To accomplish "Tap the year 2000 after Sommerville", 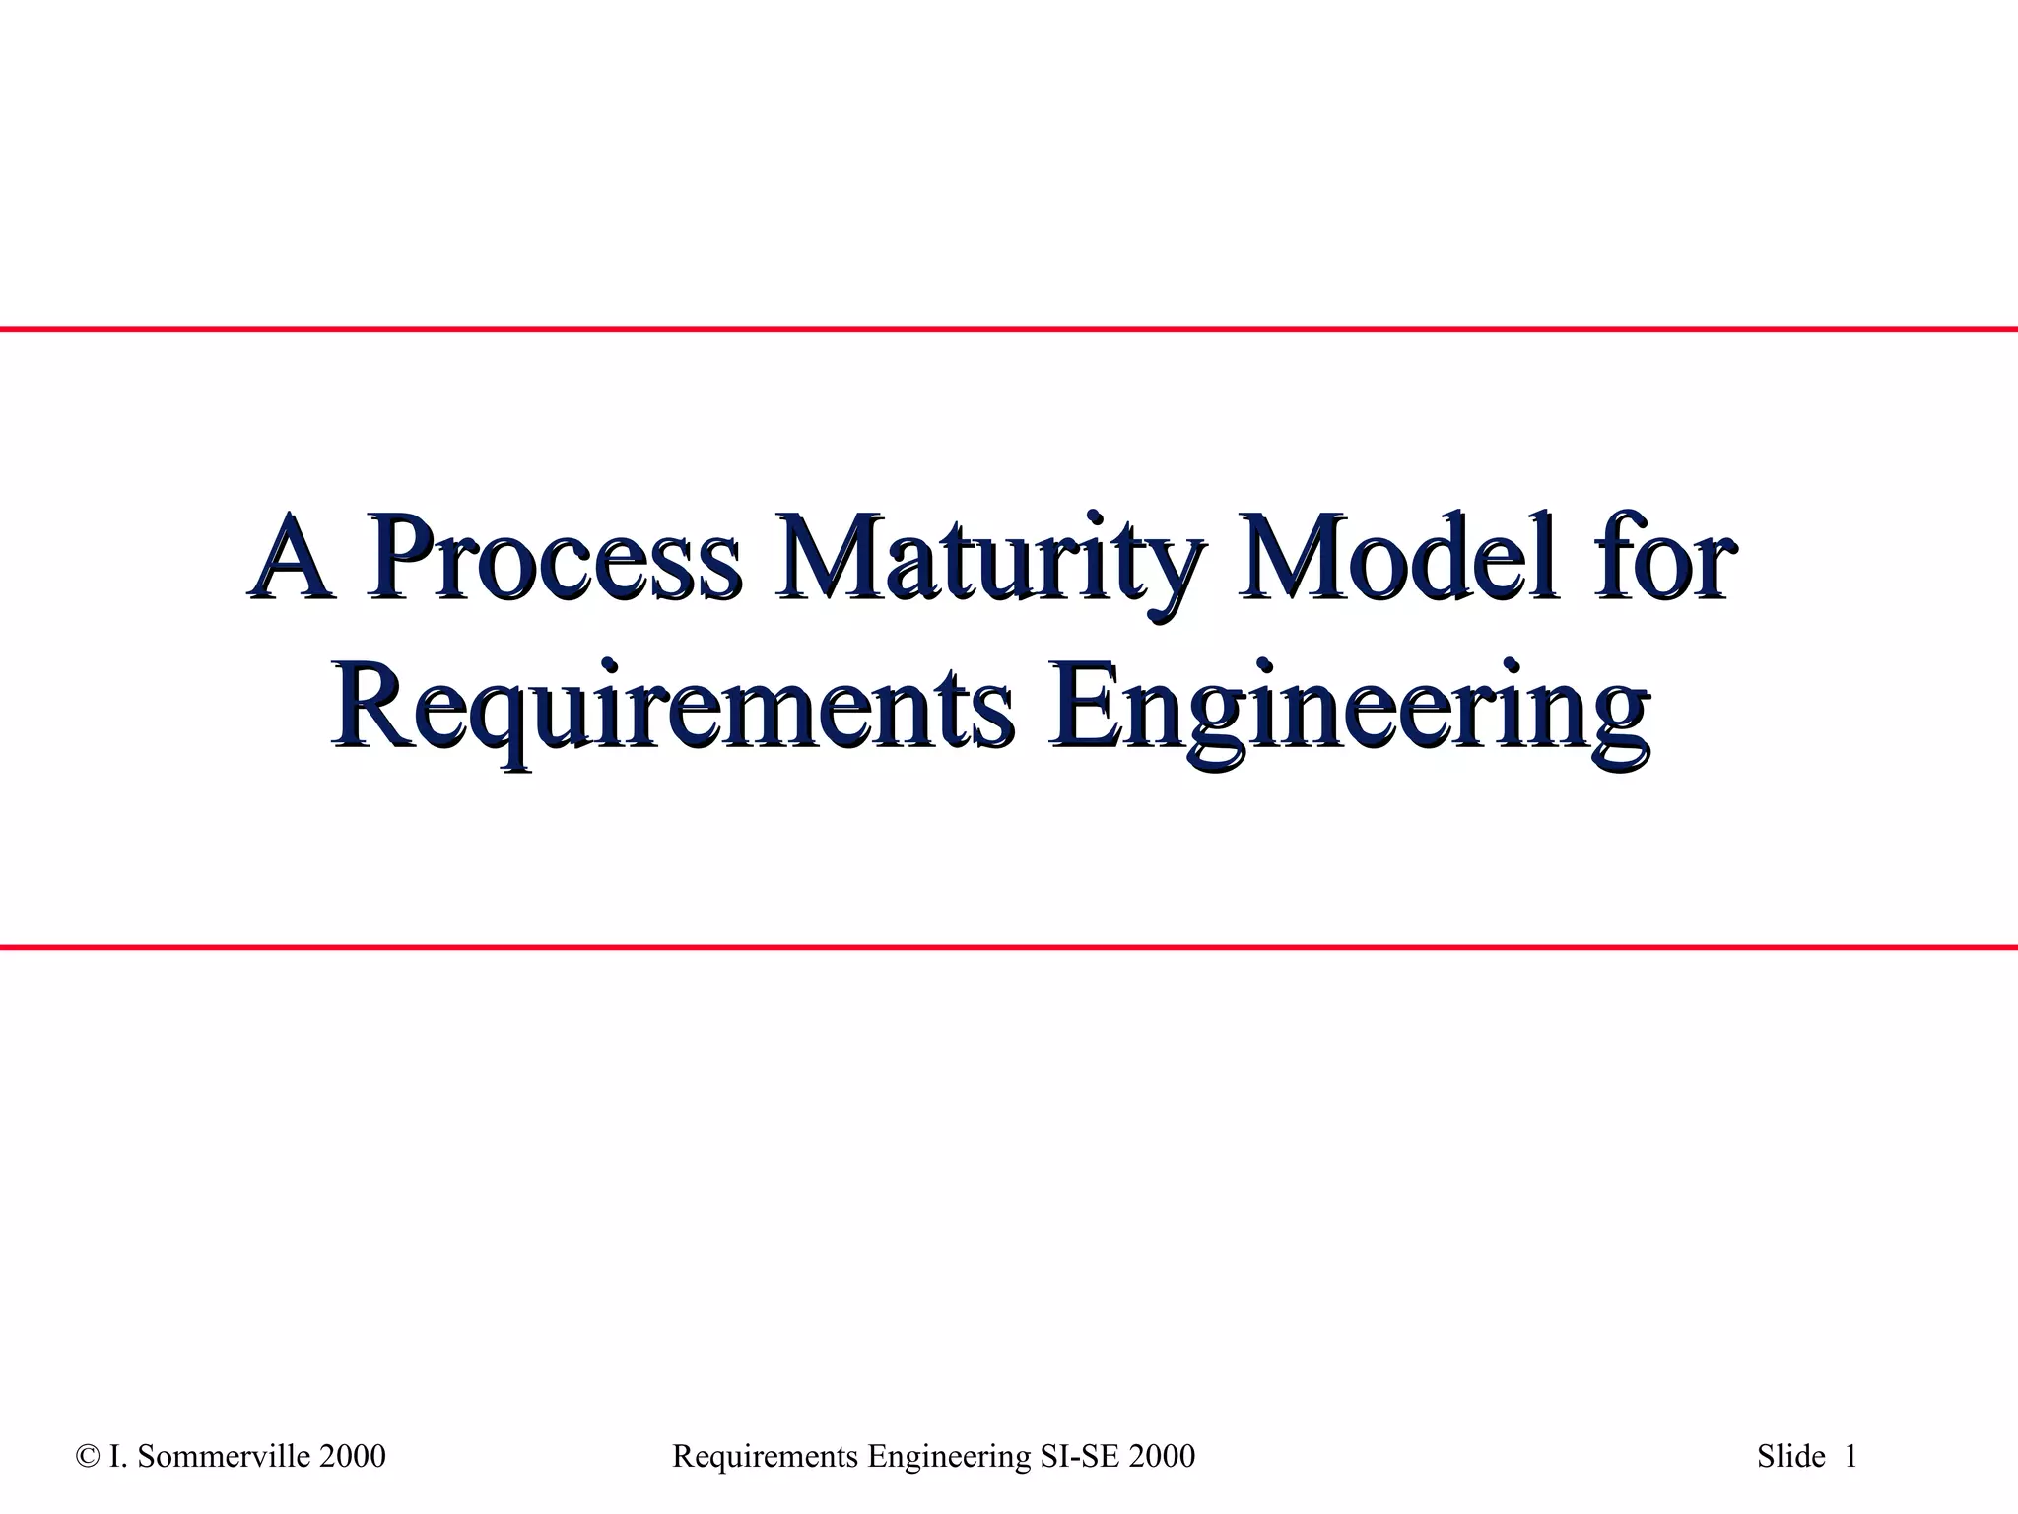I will tap(353, 1457).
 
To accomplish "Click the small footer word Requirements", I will tap(765, 1457).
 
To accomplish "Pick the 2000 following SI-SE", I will tap(1163, 1457).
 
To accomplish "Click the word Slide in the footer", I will tap(1790, 1457).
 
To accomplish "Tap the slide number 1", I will tap(1850, 1457).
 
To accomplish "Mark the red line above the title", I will tap(1009, 329).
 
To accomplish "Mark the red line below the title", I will tap(1009, 947).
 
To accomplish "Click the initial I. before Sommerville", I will tap(115, 1457).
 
